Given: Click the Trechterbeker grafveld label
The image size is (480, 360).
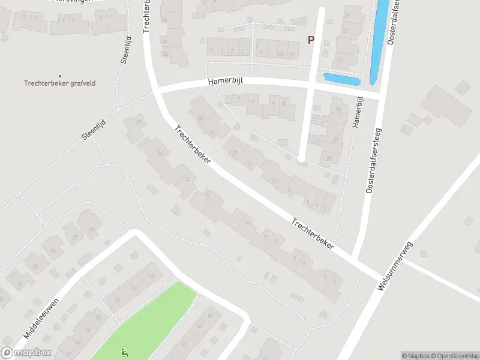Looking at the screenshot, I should pyautogui.click(x=59, y=83).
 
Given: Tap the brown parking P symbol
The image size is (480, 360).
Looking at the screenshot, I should pyautogui.click(x=311, y=40).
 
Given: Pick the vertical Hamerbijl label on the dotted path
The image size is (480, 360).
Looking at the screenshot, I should pyautogui.click(x=358, y=112).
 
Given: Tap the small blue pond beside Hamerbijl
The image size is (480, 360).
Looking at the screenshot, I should pyautogui.click(x=341, y=79).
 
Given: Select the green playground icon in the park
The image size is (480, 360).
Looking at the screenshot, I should pyautogui.click(x=125, y=353).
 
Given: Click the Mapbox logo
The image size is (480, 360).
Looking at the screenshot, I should pyautogui.click(x=26, y=353).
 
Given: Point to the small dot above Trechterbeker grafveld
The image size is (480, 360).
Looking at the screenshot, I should pyautogui.click(x=59, y=76).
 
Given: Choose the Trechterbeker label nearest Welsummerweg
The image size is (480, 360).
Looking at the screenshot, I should pyautogui.click(x=313, y=234).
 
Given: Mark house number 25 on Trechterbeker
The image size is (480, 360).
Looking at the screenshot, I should pyautogui.click(x=160, y=154).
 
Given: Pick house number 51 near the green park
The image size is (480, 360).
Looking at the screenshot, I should pyautogui.click(x=117, y=299).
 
